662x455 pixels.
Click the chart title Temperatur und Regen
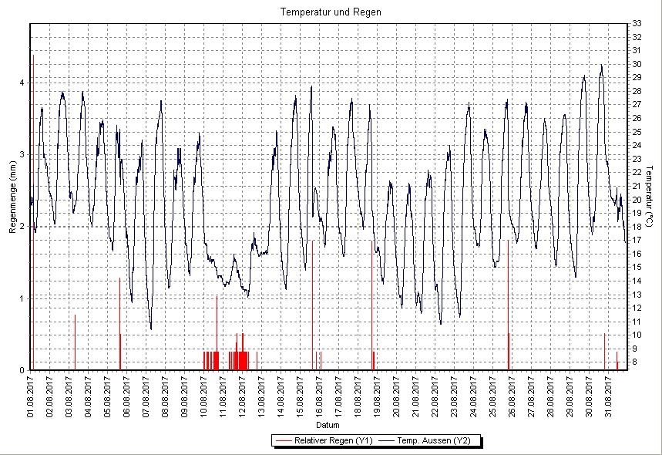pyautogui.click(x=331, y=12)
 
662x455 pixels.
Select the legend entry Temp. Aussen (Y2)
pyautogui.click(x=437, y=440)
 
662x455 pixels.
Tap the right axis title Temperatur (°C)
pyautogui.click(x=650, y=197)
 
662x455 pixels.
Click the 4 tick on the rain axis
pyautogui.click(x=22, y=83)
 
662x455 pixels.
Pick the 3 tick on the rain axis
pyautogui.click(x=22, y=154)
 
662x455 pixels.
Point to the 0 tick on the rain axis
pyautogui.click(x=22, y=370)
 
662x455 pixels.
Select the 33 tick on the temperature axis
pyautogui.click(x=637, y=23)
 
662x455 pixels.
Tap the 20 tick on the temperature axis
pyautogui.click(x=637, y=199)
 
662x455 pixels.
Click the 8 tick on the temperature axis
pyautogui.click(x=636, y=362)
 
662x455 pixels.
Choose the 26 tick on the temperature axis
pyautogui.click(x=637, y=118)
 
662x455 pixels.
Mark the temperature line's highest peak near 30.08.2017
pyautogui.click(x=601, y=66)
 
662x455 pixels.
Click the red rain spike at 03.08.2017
pyautogui.click(x=75, y=339)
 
